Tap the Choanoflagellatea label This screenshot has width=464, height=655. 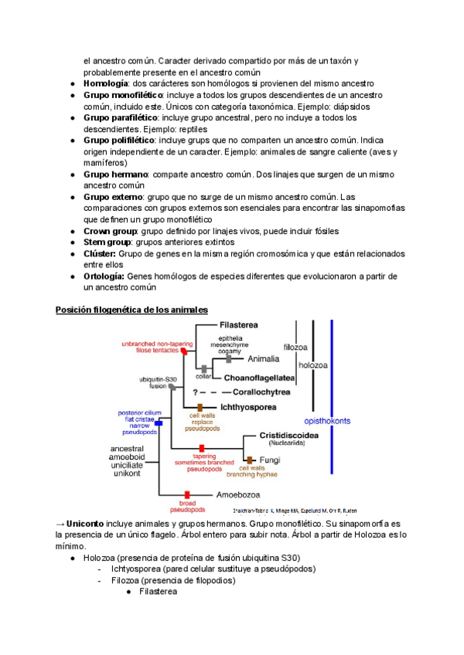(x=258, y=378)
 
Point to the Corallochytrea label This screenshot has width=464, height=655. (x=266, y=392)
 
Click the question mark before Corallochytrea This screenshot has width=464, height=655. (x=197, y=392)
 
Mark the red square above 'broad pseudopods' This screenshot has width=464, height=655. (x=186, y=494)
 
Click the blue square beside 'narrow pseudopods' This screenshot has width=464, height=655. (x=158, y=423)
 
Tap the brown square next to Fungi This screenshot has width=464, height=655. (x=249, y=460)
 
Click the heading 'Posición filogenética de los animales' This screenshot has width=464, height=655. (x=131, y=310)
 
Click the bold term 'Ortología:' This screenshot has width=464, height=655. (x=104, y=277)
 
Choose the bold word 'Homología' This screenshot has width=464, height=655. (x=106, y=83)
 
